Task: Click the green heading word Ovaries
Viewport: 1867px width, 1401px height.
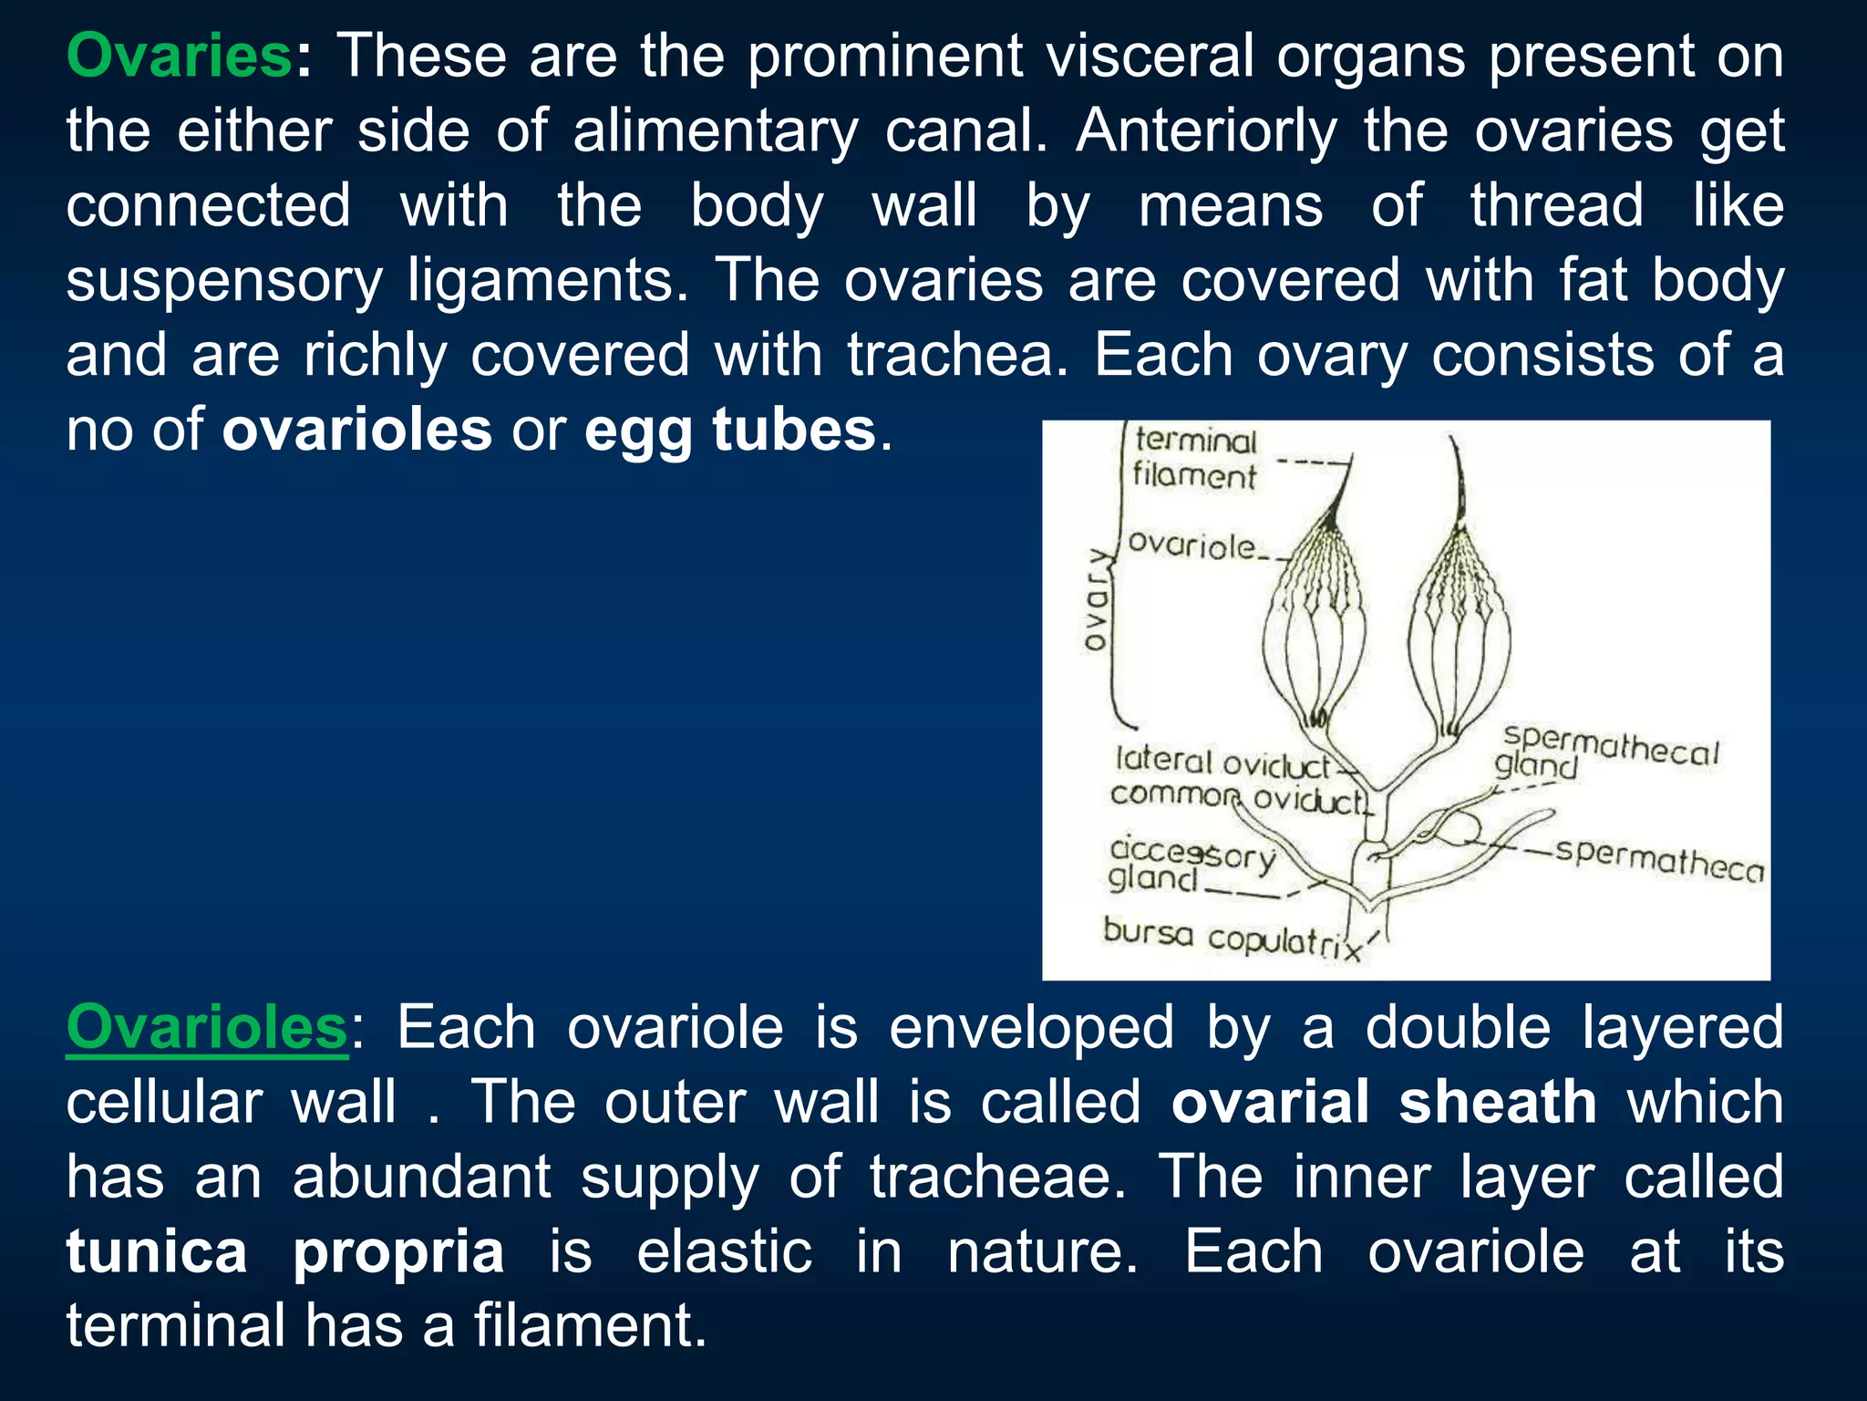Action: pos(179,57)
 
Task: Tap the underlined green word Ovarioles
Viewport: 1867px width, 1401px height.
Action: pos(207,1028)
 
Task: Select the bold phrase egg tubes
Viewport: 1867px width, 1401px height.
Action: pos(729,431)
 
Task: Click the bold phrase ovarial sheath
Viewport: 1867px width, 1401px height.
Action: pos(1383,1103)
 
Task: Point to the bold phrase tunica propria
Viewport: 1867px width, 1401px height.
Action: pos(284,1252)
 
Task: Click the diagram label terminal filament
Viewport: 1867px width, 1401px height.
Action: pos(1194,459)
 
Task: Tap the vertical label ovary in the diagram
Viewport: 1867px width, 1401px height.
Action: pos(1097,599)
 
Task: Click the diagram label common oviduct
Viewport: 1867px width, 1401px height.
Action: pos(1238,797)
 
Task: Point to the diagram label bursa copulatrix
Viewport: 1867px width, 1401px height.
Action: pos(1230,938)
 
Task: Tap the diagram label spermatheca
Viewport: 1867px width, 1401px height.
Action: pos(1659,860)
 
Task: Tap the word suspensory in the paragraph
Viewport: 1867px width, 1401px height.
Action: pos(224,281)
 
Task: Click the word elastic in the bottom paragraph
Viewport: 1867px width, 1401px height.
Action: pos(724,1252)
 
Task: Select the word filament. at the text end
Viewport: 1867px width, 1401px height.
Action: pos(590,1326)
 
